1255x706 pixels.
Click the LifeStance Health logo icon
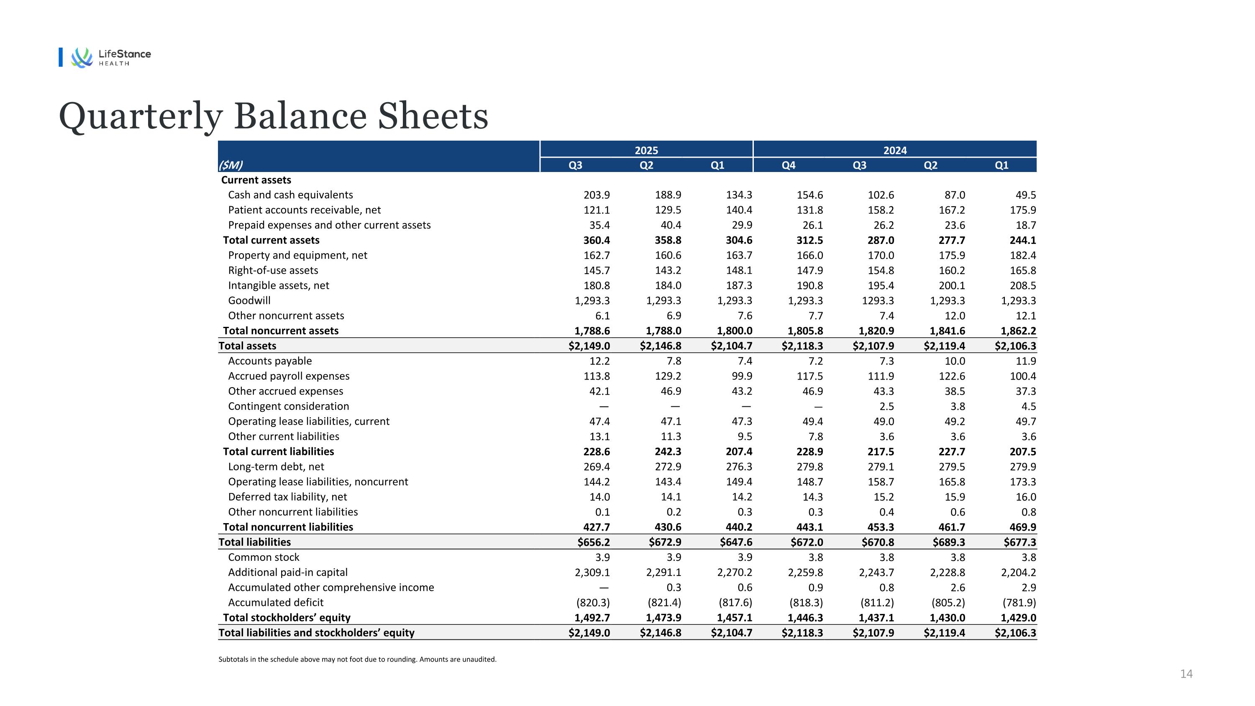[81, 57]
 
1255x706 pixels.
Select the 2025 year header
[646, 151]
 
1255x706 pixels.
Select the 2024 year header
[894, 151]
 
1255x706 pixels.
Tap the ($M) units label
[231, 165]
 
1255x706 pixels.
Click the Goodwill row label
[249, 300]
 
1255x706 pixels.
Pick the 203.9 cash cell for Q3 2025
[596, 195]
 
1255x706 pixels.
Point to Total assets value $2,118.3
[802, 346]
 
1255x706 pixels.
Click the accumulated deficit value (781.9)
[1019, 603]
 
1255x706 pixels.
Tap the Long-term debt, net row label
[276, 467]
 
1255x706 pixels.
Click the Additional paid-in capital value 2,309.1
[592, 573]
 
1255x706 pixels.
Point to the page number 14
[1186, 674]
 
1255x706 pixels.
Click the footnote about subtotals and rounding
[357, 660]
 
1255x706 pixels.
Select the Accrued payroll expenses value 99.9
[739, 376]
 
